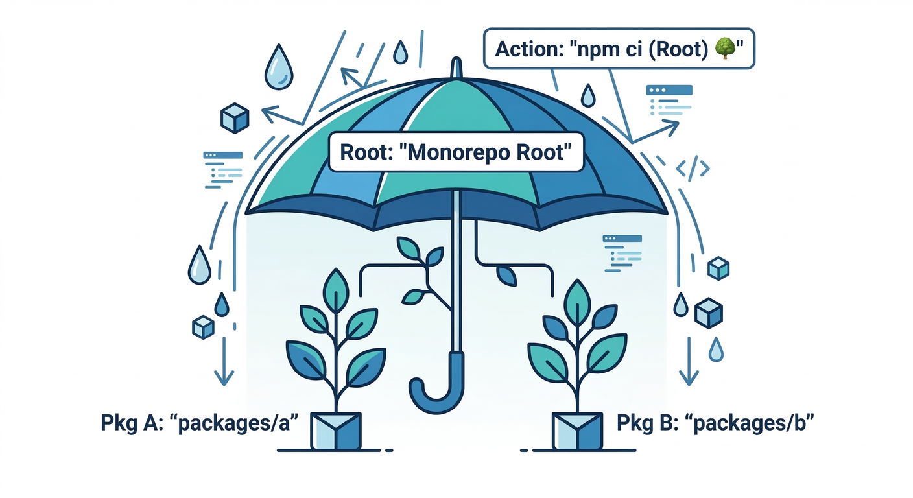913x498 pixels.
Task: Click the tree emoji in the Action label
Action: coord(724,49)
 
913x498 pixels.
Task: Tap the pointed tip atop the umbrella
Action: coord(457,67)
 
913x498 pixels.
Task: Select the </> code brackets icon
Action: coord(693,169)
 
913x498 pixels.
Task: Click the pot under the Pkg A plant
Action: coord(336,429)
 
